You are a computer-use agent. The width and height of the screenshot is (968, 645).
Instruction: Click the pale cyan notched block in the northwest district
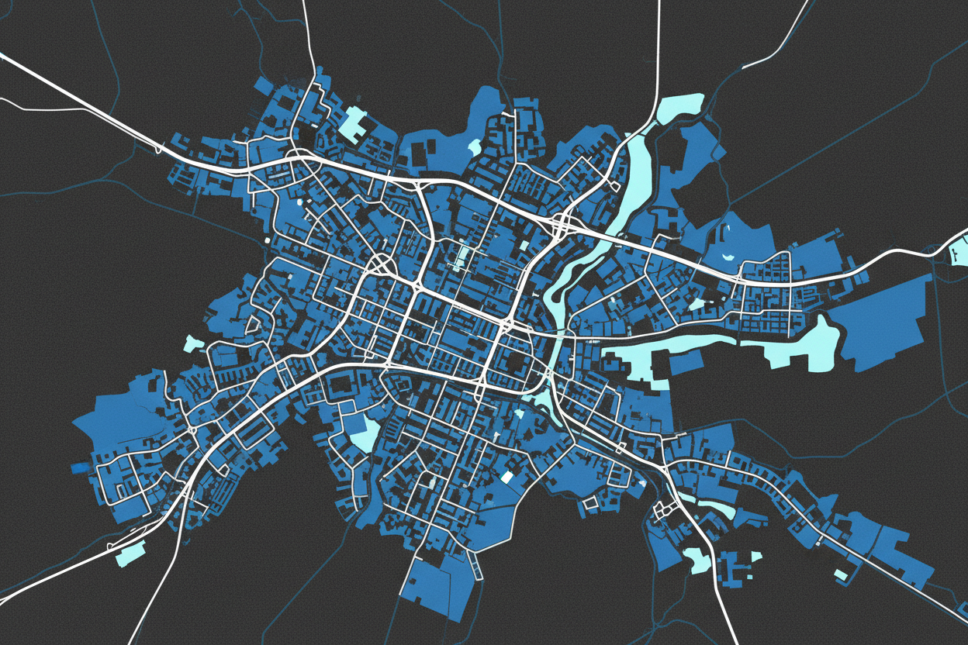354,123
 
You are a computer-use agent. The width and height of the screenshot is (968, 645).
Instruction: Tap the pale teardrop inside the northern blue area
474,146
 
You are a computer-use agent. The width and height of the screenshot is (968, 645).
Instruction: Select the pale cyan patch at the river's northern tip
679,108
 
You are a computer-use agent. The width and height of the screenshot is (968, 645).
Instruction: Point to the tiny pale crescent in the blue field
727,256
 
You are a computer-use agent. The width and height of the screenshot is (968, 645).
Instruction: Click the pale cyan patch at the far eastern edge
959,251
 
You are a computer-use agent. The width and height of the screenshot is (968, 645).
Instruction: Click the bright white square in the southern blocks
508,476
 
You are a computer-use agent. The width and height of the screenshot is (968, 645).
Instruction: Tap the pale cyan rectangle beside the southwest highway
130,552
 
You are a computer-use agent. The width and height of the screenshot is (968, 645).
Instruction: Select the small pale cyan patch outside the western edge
194,343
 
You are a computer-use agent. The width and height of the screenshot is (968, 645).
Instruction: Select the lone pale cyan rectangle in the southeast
841,574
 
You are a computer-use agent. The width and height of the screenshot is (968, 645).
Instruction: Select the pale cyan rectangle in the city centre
464,255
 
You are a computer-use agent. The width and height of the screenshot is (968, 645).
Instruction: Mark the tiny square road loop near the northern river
614,185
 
